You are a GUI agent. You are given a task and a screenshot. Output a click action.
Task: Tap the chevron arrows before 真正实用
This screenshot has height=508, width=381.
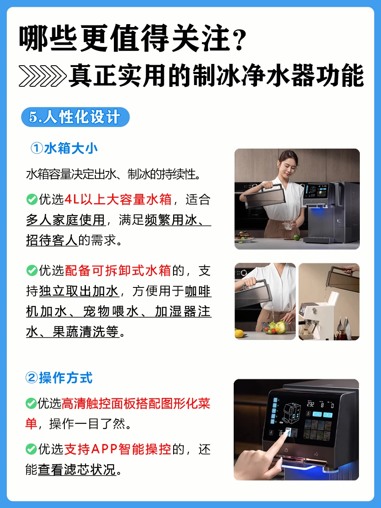43,76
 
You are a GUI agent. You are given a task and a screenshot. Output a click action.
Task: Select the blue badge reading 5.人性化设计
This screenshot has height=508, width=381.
75,117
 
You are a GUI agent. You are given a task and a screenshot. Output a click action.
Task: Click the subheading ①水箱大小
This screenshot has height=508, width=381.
64,148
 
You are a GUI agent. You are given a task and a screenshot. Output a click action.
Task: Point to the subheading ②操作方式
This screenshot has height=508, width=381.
59,378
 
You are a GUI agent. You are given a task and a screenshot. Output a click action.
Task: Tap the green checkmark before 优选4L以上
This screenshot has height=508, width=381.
32,199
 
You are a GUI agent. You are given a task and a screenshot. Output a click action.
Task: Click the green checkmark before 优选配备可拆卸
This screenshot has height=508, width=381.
32,271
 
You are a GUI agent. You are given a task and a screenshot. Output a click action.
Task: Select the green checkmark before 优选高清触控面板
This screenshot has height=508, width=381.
31,403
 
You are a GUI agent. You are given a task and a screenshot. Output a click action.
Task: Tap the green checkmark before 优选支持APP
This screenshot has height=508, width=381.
31,449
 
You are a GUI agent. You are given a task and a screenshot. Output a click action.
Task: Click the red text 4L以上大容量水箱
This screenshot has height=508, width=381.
118,199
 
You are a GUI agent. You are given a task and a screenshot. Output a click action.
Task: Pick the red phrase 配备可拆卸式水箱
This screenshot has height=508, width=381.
118,271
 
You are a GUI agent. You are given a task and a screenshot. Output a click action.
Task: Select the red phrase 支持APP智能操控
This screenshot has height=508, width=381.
118,449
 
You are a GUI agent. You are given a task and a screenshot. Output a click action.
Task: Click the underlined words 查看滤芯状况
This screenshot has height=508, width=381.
77,469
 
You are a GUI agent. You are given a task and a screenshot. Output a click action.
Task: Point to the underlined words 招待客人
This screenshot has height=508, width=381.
52,240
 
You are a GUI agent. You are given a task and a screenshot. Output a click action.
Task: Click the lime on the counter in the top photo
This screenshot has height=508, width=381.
297,237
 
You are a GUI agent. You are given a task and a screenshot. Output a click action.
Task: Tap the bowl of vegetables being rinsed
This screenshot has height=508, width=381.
275,327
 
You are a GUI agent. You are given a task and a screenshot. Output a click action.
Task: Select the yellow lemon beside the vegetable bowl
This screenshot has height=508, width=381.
239,334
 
